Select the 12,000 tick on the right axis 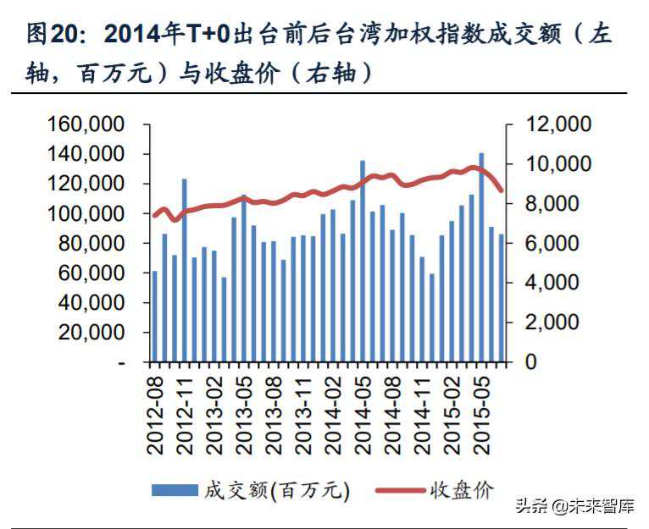click(554, 124)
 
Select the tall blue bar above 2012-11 click(185, 271)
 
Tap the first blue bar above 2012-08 click(155, 317)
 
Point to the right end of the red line click(502, 190)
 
